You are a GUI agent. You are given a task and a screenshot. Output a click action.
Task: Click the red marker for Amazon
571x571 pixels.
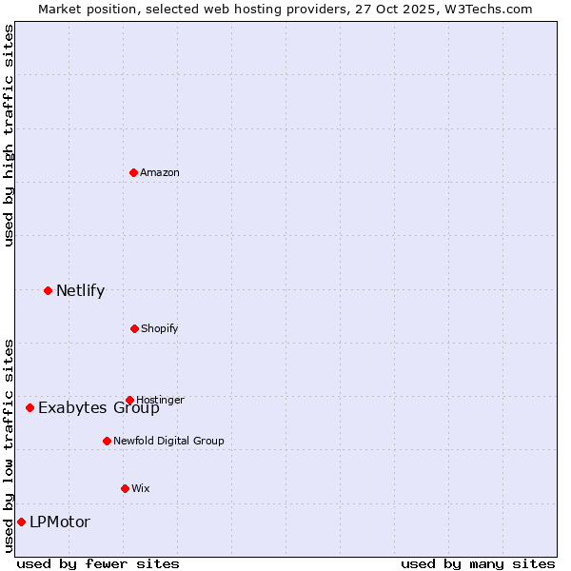133,172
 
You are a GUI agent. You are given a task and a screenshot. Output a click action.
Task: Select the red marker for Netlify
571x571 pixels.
48,290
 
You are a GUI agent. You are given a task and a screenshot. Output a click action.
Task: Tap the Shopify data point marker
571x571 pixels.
134,328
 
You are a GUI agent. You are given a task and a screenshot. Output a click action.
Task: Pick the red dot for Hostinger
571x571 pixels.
129,400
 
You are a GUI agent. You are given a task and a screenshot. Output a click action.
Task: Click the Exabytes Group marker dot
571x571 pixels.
30,407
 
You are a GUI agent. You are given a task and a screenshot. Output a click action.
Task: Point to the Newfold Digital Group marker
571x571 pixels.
107,441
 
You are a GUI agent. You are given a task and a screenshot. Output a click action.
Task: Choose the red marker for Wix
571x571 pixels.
125,488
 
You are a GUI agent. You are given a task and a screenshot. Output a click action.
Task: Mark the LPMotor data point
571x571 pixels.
21,522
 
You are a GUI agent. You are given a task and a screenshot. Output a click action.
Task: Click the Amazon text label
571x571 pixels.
160,172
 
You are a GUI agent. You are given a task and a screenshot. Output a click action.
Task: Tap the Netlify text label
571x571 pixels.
80,290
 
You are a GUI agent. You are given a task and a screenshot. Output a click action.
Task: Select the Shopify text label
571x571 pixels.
159,328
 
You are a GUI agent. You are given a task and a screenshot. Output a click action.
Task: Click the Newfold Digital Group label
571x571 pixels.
168,441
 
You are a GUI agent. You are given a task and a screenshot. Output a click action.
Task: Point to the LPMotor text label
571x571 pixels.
60,522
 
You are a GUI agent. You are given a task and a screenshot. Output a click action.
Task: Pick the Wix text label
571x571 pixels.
141,488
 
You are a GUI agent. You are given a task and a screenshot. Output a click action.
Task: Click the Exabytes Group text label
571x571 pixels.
99,408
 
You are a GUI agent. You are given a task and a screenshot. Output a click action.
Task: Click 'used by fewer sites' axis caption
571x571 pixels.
98,563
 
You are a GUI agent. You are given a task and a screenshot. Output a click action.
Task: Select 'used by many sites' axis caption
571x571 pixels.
478,563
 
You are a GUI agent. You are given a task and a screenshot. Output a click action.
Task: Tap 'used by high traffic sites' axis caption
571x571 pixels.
10,135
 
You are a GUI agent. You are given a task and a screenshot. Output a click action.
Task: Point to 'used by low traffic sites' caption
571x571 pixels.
10,445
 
